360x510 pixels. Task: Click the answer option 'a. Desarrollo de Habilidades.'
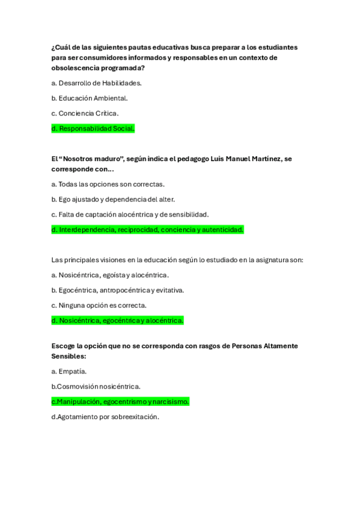pos(96,83)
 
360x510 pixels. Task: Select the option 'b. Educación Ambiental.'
pos(90,98)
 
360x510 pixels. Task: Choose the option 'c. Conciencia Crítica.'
pos(85,113)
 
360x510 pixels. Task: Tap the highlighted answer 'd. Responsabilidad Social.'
pos(93,128)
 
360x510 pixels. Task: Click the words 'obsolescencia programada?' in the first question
pos(98,68)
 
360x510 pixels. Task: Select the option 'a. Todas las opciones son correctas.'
pos(108,184)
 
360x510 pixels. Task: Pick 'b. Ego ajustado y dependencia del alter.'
pos(113,199)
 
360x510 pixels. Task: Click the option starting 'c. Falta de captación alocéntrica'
pos(130,214)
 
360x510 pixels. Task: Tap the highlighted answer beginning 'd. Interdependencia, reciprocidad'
pos(147,229)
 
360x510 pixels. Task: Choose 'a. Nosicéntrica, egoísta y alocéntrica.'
pos(110,275)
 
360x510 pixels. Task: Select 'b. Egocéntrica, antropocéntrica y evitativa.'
pos(118,290)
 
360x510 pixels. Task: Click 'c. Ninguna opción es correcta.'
pos(99,305)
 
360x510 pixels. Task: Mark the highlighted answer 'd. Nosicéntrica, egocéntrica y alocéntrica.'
pos(117,321)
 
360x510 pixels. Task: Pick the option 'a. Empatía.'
pos(69,371)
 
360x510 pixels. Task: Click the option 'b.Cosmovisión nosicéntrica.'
pos(96,386)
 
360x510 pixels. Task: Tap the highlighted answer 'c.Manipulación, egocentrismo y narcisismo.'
pos(120,401)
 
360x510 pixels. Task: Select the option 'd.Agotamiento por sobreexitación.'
pos(105,416)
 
